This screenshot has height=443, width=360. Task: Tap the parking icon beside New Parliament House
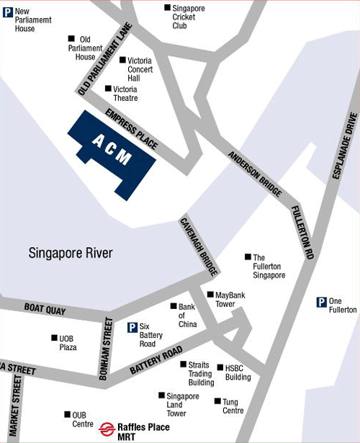point(7,12)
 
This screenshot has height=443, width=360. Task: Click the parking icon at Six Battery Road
point(132,328)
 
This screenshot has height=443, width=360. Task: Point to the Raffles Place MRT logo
point(108,428)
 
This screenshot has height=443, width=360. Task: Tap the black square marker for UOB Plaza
point(53,338)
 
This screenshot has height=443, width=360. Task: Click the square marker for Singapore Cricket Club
point(167,8)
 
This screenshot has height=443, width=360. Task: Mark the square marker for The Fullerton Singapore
point(248,256)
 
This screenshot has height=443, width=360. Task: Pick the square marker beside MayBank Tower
point(210,295)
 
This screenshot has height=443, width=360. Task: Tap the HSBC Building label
point(238,372)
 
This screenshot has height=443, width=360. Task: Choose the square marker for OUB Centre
point(66,415)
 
